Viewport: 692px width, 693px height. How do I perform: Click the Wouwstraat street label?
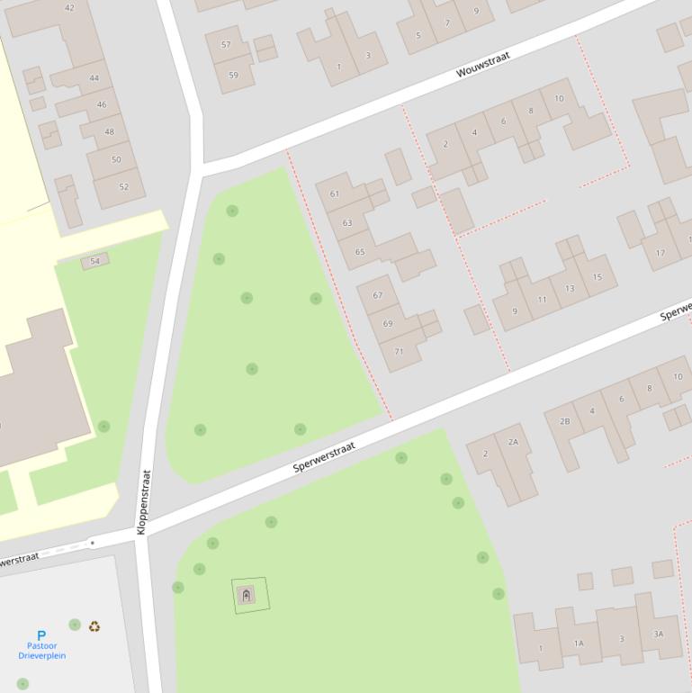point(483,65)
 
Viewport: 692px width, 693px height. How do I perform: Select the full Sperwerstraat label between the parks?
point(324,457)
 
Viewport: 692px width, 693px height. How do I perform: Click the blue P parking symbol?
point(41,635)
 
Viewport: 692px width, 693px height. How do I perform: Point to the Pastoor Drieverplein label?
point(41,651)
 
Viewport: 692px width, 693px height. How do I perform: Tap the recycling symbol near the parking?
point(94,626)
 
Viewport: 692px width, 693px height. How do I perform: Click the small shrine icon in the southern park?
point(247,595)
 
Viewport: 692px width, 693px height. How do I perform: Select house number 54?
point(94,261)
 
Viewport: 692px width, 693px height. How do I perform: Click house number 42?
point(69,8)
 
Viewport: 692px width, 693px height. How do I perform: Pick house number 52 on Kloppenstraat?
point(124,187)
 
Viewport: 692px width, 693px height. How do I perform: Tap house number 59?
point(233,75)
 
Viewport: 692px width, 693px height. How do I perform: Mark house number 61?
point(335,193)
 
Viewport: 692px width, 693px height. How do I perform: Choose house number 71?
point(398,351)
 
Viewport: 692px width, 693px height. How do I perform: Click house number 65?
point(360,252)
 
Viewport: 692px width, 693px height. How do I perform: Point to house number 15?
point(597,277)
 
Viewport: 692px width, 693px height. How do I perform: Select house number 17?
point(661,253)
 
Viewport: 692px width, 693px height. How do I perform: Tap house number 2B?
point(564,421)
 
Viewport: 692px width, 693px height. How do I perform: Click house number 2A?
point(513,441)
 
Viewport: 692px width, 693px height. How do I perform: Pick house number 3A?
point(658,634)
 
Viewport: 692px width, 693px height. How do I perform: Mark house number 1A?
point(579,643)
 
